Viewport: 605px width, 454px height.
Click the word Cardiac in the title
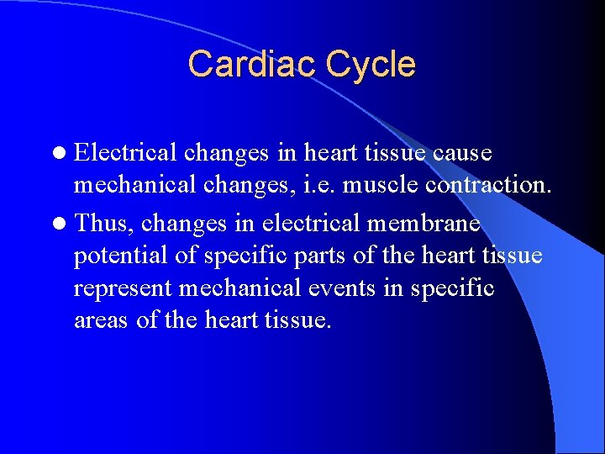pos(240,65)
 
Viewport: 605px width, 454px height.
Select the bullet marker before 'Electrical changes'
pos(59,154)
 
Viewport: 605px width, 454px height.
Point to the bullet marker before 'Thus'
pos(59,224)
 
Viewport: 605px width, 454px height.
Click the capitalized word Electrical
pos(125,153)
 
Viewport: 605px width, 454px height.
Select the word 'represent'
pos(124,288)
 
